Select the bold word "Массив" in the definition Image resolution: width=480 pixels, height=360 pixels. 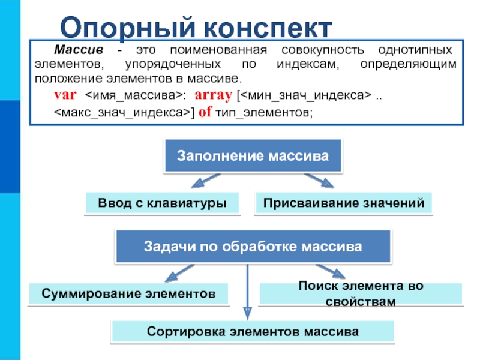[74, 50]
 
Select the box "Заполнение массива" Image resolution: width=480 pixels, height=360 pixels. [253, 156]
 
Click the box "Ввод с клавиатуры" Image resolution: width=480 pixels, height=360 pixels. [162, 203]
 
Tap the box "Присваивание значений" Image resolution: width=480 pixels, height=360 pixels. [343, 203]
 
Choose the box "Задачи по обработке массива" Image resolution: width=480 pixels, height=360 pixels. [253, 246]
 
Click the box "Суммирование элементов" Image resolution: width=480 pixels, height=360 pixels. [128, 294]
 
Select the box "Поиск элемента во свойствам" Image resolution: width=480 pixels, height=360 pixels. [361, 293]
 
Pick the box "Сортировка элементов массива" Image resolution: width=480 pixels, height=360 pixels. [253, 331]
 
